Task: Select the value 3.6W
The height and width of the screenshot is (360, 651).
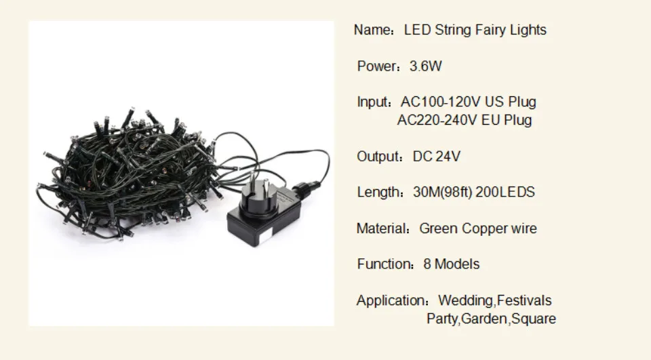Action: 426,66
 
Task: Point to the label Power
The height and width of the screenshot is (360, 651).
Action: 377,66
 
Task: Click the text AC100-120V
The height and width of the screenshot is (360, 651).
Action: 440,102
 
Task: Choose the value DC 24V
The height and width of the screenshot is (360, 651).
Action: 437,157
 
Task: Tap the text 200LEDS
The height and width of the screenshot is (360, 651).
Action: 505,193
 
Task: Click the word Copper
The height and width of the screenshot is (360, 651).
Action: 482,228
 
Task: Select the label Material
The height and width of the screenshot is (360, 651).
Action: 382,228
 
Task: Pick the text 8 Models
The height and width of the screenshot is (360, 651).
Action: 452,264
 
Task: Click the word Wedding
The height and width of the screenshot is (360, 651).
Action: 467,300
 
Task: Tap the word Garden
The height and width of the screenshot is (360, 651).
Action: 484,319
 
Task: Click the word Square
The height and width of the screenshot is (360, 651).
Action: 534,319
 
